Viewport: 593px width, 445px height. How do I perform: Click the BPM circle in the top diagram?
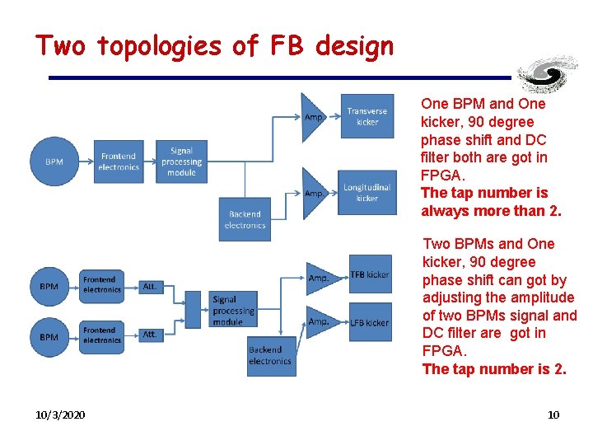(54, 162)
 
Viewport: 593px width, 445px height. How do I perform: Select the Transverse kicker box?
(367, 115)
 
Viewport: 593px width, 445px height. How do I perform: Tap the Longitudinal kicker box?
(367, 192)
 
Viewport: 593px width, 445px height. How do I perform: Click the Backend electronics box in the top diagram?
(245, 219)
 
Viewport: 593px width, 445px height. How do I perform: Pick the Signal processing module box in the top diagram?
(182, 162)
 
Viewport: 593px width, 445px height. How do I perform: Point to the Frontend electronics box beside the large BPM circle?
(119, 162)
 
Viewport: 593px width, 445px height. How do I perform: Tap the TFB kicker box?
(370, 274)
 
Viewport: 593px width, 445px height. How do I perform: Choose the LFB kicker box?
(370, 322)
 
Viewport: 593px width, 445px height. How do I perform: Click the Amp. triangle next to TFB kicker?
(320, 278)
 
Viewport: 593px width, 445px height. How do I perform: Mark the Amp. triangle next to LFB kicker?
(320, 321)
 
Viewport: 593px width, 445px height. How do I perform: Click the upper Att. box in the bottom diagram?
(149, 286)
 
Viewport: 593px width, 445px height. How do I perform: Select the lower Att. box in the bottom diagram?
(149, 335)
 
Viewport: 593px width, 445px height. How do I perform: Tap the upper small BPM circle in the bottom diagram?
(49, 286)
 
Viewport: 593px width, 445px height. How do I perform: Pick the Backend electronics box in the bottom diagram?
(270, 356)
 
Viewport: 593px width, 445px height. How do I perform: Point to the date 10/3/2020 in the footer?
(60, 415)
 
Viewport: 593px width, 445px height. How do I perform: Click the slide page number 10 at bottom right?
(553, 415)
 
